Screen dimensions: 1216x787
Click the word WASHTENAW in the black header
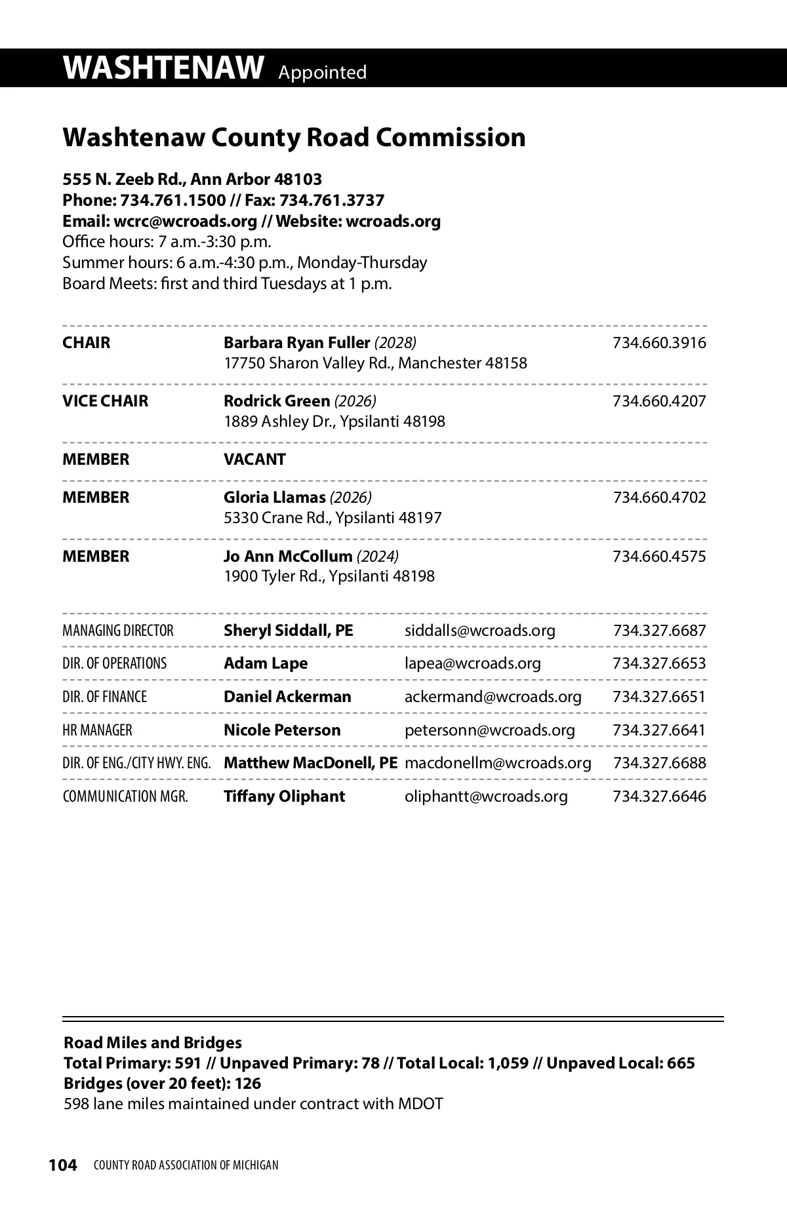[x=164, y=68]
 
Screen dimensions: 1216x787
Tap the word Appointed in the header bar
[x=322, y=72]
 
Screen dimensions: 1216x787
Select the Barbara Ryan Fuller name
[x=296, y=343]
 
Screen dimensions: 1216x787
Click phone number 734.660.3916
[x=659, y=343]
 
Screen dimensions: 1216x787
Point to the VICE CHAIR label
[x=105, y=401]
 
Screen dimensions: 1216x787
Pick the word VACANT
[x=254, y=460]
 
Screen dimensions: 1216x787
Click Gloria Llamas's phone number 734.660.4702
[x=659, y=498]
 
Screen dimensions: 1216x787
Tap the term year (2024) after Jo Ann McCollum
[x=377, y=557]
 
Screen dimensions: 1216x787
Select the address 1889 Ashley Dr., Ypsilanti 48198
[x=334, y=422]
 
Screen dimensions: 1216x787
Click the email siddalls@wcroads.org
[x=479, y=631]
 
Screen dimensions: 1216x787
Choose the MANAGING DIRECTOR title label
[x=118, y=631]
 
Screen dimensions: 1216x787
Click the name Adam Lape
[x=265, y=663]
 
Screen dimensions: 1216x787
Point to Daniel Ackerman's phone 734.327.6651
[x=659, y=697]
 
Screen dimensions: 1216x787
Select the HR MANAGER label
[x=97, y=730]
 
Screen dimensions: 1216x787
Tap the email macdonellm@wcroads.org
[x=498, y=763]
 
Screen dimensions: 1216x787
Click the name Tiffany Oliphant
[x=284, y=796]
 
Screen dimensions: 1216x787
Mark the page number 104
[x=63, y=1165]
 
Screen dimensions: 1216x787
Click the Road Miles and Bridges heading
[x=152, y=1043]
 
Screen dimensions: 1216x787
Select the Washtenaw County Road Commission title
[x=294, y=138]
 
